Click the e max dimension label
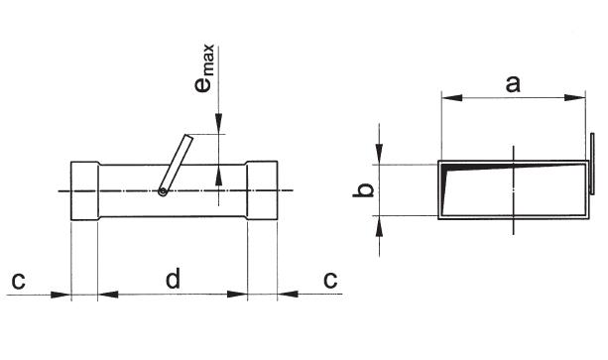[x=204, y=68]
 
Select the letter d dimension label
[x=173, y=279]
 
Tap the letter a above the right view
[x=513, y=84]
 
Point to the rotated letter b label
[x=363, y=190]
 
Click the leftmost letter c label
[x=18, y=281]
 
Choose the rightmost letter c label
[x=330, y=281]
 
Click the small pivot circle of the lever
[x=163, y=191]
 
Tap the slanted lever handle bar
[x=177, y=164]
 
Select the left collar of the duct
[x=84, y=191]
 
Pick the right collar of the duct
[x=262, y=190]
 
